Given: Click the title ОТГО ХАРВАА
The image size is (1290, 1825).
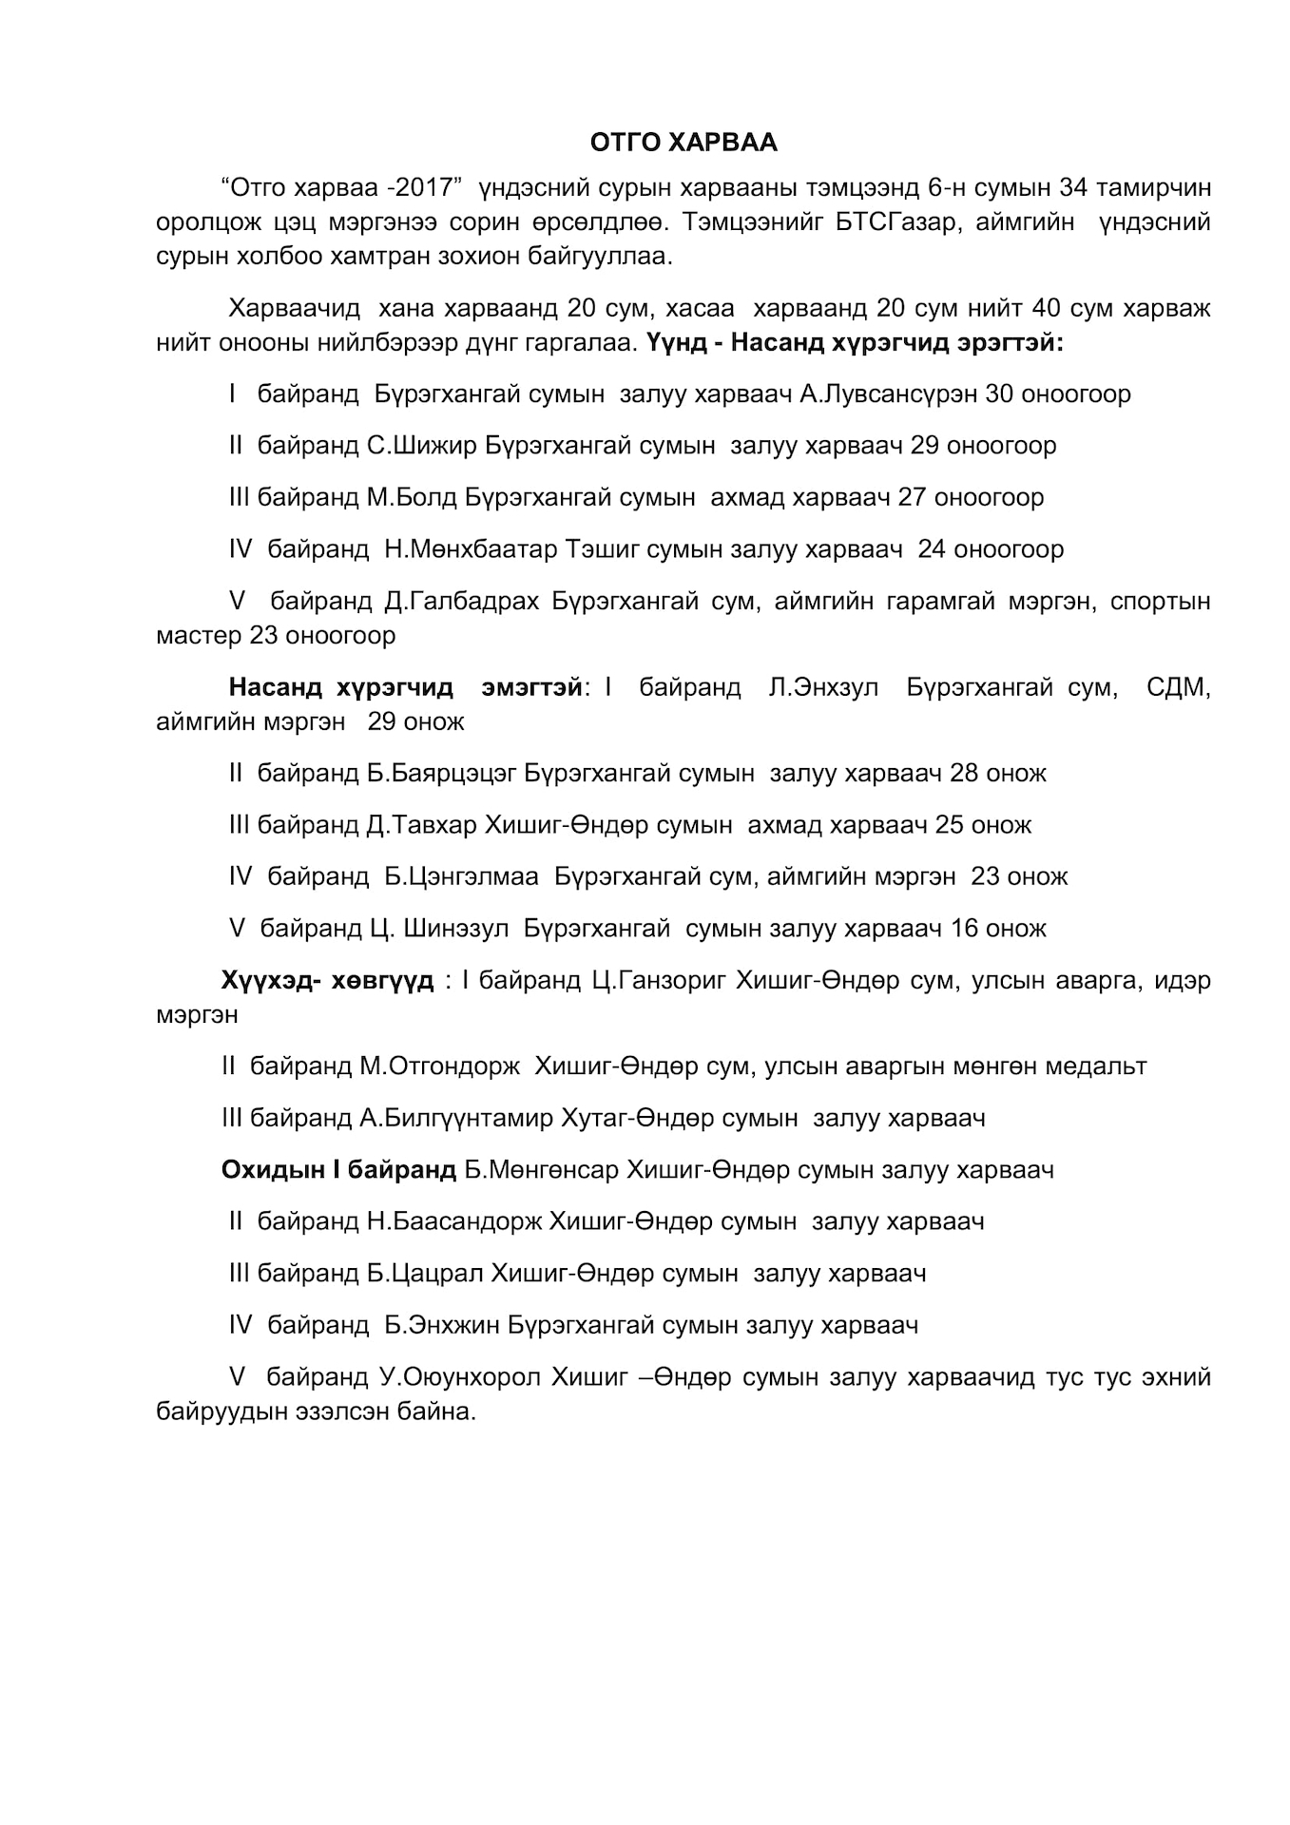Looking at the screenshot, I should (x=683, y=143).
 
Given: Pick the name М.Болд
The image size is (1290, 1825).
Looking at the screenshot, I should (x=412, y=497).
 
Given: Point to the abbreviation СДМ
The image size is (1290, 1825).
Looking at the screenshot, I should (x=1178, y=687).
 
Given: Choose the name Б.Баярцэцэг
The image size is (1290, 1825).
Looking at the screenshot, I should (x=441, y=773).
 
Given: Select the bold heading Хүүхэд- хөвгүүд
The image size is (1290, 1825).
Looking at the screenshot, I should (x=327, y=980).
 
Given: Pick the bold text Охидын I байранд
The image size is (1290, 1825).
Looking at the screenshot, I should (x=338, y=1169).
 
